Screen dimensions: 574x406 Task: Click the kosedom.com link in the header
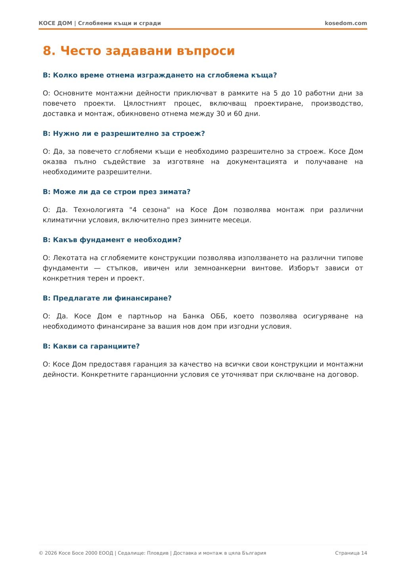[x=346, y=23]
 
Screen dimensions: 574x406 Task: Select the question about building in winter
[x=117, y=192]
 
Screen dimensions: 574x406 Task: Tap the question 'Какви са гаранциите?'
[x=91, y=346]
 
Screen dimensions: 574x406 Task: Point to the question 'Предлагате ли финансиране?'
[x=107, y=298]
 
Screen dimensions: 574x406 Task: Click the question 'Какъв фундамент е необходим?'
[x=112, y=240]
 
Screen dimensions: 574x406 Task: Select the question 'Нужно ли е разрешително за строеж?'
[x=124, y=134]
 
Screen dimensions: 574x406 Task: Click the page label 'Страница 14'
[x=351, y=553]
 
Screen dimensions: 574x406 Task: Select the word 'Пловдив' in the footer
[x=158, y=553]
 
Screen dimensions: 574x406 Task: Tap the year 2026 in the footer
[x=51, y=553]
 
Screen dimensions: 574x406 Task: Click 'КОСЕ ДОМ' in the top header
[x=56, y=23]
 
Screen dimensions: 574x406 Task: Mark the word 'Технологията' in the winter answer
[x=98, y=210]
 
